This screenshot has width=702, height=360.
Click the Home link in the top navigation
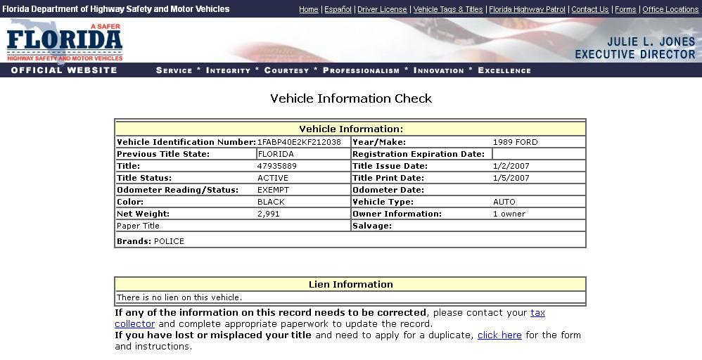[x=308, y=9]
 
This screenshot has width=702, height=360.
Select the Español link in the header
[x=338, y=9]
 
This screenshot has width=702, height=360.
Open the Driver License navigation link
[x=382, y=9]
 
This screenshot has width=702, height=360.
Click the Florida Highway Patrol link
[x=528, y=9]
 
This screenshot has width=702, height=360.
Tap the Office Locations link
[x=670, y=9]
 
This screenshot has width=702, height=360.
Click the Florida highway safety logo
[x=65, y=43]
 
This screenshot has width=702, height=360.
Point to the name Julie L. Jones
[x=651, y=42]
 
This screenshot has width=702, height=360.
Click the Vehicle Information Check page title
[x=351, y=98]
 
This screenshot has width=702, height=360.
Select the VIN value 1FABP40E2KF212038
[x=299, y=142]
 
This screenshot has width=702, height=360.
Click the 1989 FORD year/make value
[x=515, y=142]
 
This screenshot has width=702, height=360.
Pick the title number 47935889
[x=277, y=166]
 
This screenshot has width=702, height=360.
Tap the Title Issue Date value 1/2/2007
[x=511, y=166]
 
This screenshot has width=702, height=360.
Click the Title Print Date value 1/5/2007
[x=511, y=178]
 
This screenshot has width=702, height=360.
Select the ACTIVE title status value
[x=273, y=178]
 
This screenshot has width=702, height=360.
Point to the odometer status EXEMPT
[x=273, y=190]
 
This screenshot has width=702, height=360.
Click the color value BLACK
[x=271, y=202]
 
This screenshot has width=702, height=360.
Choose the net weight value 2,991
[x=268, y=214]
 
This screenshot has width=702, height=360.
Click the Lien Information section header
[x=350, y=285]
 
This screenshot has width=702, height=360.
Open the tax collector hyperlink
[x=537, y=313]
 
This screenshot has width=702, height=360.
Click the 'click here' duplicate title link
[x=499, y=335]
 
